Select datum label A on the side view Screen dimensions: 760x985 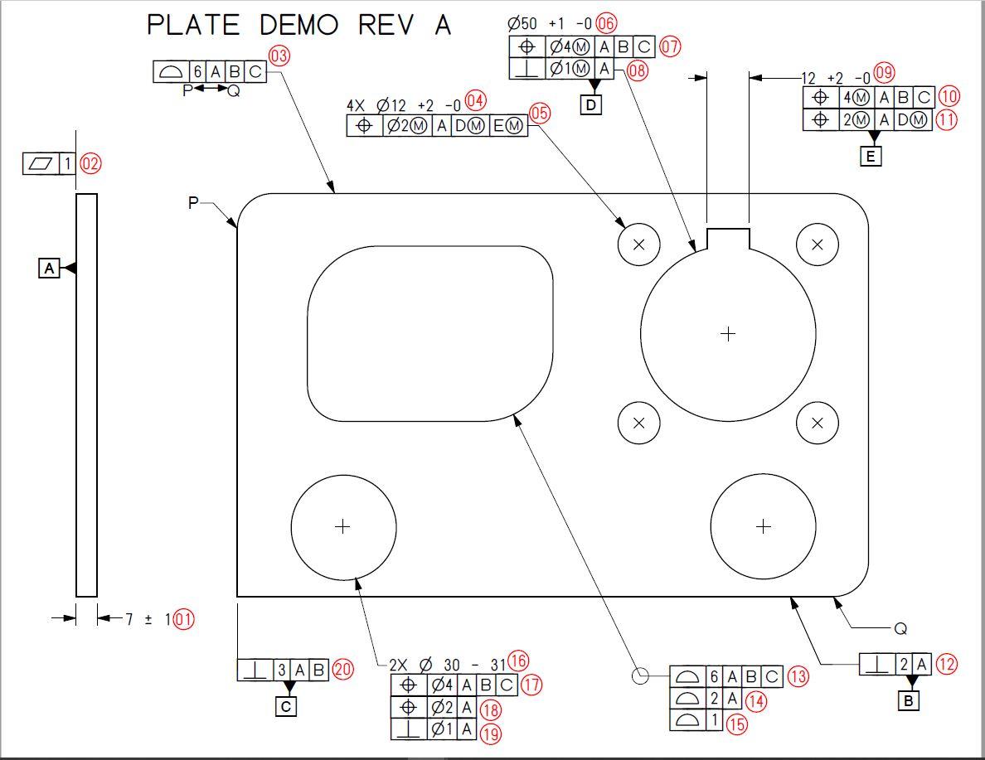point(49,269)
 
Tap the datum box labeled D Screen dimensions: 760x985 point(592,105)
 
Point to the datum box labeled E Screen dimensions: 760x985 point(871,156)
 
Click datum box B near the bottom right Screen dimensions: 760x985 point(908,701)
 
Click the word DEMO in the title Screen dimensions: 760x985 point(299,25)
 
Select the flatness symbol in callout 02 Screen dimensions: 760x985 point(40,164)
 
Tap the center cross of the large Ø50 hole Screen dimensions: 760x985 point(728,334)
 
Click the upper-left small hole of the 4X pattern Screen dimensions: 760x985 point(638,244)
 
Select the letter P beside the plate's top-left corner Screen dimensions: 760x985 point(193,202)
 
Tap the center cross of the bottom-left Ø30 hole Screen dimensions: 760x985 point(342,526)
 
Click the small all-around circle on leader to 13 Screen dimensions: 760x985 point(640,675)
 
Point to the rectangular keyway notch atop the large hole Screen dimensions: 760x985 point(728,237)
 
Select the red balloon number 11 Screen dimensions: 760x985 point(945,119)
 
